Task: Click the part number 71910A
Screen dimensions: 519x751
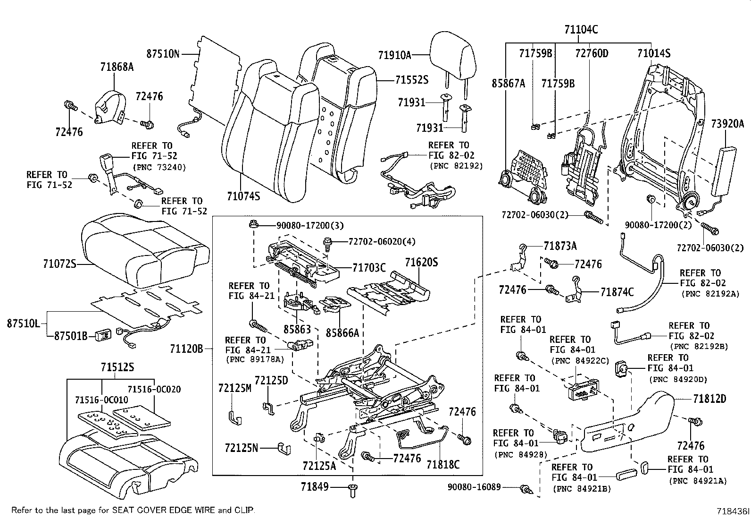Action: [x=394, y=55]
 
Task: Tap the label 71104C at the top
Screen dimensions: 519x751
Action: [x=581, y=30]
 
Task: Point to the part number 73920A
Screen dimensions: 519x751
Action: [x=727, y=124]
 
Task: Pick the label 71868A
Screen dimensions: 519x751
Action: [x=117, y=67]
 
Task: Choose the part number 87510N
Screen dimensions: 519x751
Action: [x=163, y=54]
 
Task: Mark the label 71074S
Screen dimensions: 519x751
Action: [x=243, y=195]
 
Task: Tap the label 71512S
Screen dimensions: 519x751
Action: [x=117, y=367]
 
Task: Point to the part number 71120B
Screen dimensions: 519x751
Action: [x=187, y=349]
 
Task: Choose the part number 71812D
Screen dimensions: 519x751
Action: [x=709, y=399]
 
